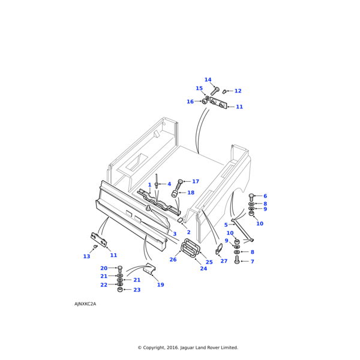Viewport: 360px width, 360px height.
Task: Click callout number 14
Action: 208,80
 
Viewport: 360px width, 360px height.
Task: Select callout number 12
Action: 238,91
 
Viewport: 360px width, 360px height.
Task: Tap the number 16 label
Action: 190,102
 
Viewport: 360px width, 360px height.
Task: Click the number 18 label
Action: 191,193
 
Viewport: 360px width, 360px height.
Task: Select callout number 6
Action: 265,196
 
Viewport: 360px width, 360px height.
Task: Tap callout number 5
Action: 226,242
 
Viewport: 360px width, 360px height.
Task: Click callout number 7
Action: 252,262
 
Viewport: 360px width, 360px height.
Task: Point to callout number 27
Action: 224,261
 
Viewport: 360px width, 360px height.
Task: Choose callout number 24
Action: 203,268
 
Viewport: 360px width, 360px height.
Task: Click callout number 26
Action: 173,260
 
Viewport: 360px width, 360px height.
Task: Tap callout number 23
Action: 137,290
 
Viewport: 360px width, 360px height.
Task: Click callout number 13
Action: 86,257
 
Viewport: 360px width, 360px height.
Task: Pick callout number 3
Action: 174,234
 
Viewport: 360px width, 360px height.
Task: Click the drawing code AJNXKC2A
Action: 85,304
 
